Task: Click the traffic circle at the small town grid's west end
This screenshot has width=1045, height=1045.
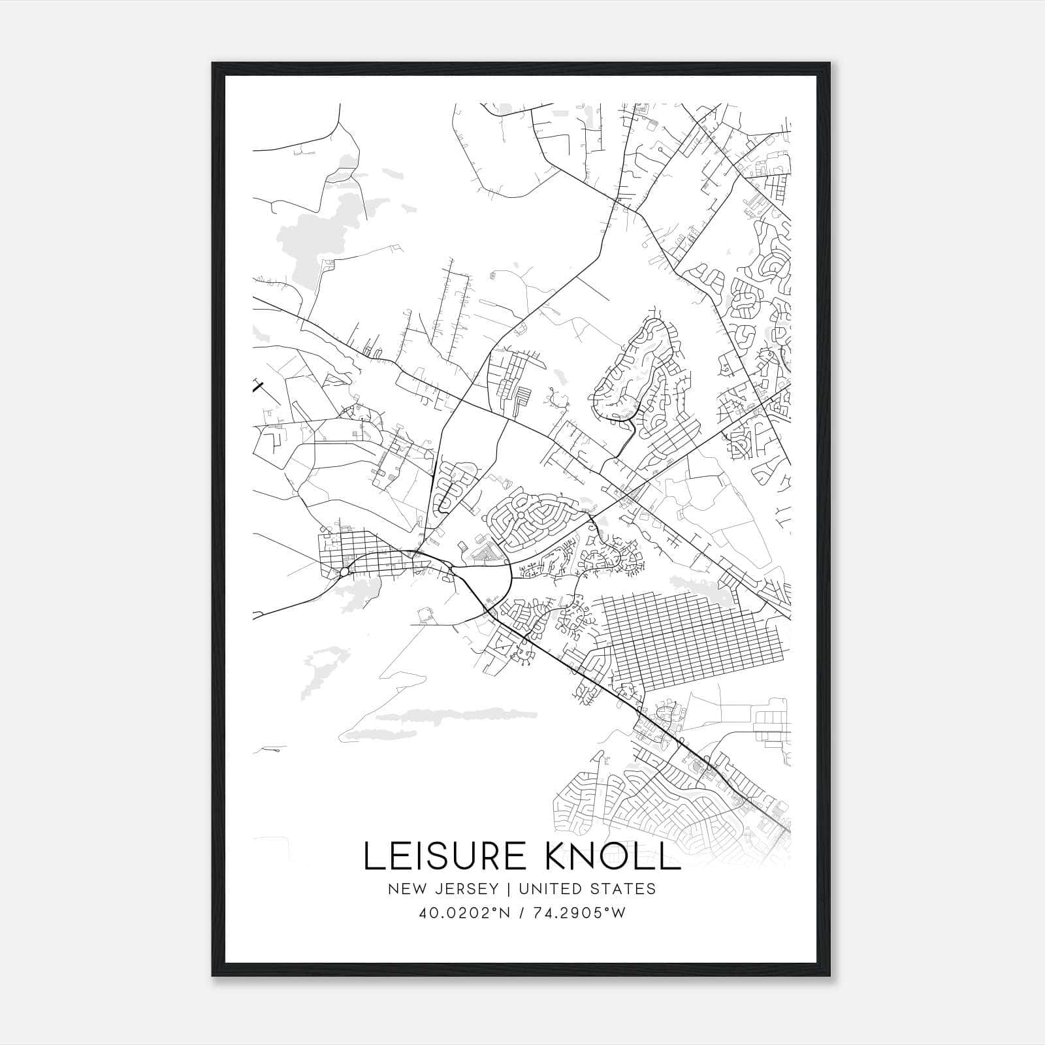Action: [x=344, y=572]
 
